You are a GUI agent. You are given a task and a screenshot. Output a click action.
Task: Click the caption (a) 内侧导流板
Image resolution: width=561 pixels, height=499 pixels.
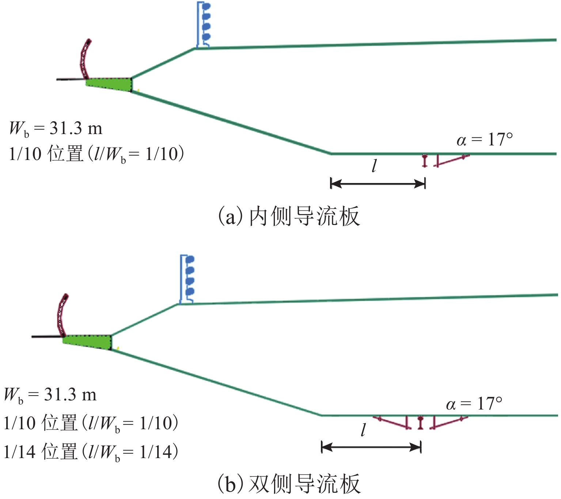pos(289,216)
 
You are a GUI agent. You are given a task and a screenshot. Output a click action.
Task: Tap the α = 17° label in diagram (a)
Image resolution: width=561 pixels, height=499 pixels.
pos(484,140)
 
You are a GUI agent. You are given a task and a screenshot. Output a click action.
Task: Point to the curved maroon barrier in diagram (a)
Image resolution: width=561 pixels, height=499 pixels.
pos(85,58)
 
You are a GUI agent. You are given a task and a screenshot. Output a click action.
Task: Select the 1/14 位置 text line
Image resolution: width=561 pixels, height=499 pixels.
pos(91,452)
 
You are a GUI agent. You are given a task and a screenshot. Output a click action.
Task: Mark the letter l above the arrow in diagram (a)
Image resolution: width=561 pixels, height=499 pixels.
pos(374,166)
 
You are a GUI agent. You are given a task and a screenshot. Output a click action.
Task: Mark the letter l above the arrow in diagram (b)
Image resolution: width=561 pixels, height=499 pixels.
pos(363,430)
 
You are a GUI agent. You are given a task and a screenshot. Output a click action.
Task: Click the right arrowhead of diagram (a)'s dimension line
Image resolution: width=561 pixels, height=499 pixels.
pos(420,183)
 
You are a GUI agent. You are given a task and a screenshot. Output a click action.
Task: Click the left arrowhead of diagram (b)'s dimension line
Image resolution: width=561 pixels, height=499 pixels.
pos(326,447)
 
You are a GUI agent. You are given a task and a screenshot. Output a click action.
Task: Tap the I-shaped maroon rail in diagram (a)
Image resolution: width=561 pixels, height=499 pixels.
pos(424,161)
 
